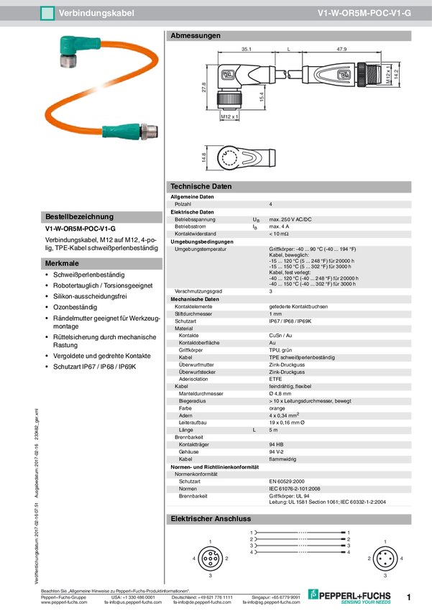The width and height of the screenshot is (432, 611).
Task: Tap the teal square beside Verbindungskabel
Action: (x=47, y=13)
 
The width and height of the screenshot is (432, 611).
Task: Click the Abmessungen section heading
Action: (x=195, y=35)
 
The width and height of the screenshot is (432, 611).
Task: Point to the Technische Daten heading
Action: (x=201, y=187)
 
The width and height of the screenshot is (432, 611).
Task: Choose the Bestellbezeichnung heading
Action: (x=79, y=216)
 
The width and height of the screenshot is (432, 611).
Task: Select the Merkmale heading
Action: (x=63, y=264)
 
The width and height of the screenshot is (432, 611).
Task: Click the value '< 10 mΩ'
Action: (x=279, y=234)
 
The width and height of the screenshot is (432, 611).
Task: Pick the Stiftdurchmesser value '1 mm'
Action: (x=275, y=314)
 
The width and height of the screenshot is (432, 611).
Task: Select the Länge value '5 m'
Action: (x=273, y=429)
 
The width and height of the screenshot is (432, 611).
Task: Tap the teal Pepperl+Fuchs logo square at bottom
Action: (x=313, y=593)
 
